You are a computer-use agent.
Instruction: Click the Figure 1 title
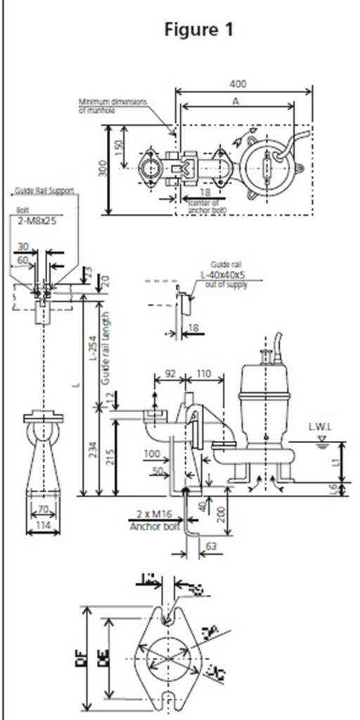[x=198, y=30]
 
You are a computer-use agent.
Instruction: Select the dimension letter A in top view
[x=236, y=101]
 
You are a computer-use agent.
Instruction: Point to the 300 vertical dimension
[x=103, y=169]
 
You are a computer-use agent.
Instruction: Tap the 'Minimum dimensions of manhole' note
[x=112, y=106]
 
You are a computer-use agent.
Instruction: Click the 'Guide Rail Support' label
[x=44, y=191]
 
